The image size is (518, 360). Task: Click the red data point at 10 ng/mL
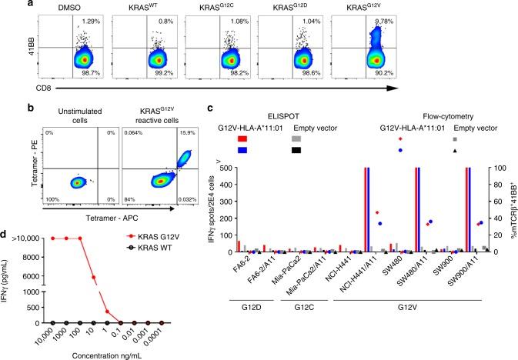pos(94,299)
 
